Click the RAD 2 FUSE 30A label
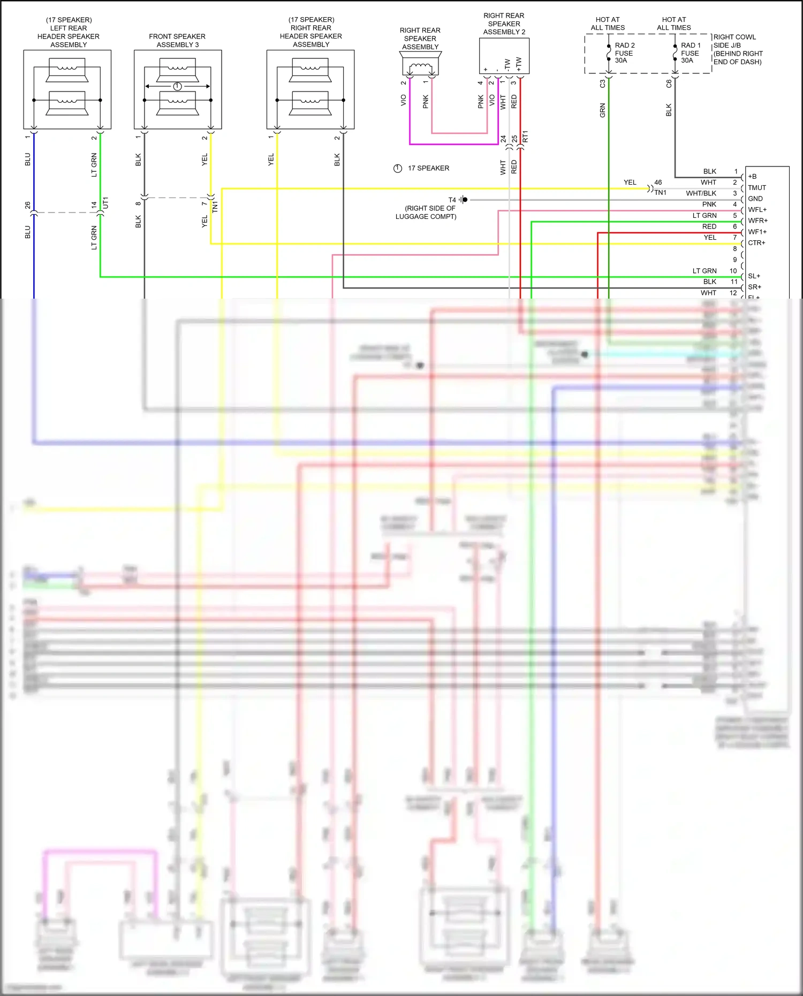click(x=624, y=53)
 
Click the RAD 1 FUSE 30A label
click(x=690, y=53)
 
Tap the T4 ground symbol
click(x=463, y=200)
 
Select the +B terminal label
click(x=752, y=177)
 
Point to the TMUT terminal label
click(x=756, y=188)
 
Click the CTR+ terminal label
click(x=756, y=243)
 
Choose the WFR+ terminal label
click(x=757, y=221)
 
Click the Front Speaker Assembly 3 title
click(x=177, y=41)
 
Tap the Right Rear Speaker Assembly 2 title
click(x=504, y=24)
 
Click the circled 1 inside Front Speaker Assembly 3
click(x=178, y=86)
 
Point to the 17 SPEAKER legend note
click(x=428, y=168)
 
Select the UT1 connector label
click(x=105, y=202)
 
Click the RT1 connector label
click(x=525, y=136)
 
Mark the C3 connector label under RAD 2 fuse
click(x=602, y=84)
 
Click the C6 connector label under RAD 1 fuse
click(x=669, y=84)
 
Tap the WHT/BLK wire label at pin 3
click(x=701, y=193)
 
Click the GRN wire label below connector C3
click(x=602, y=111)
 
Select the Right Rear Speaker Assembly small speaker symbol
click(x=420, y=67)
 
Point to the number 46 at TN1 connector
click(x=658, y=183)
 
